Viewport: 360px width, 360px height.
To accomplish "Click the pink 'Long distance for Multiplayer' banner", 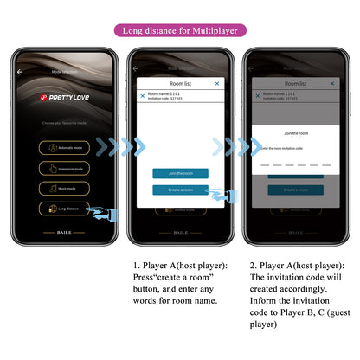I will click(x=180, y=30).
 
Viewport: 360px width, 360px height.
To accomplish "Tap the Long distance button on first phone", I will click(x=61, y=209).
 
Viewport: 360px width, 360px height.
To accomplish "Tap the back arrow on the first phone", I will click(x=21, y=72).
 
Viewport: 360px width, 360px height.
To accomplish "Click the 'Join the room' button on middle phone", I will click(x=180, y=173).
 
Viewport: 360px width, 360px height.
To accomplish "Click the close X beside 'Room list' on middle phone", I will click(x=216, y=84).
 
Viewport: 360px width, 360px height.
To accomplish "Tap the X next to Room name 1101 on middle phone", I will click(x=143, y=96).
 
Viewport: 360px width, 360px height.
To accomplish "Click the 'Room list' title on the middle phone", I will click(x=180, y=84).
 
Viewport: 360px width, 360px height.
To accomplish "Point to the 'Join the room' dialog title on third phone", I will click(x=296, y=133).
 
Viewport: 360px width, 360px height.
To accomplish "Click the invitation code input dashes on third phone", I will click(x=296, y=163).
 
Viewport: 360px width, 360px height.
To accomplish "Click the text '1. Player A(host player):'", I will click(x=181, y=265).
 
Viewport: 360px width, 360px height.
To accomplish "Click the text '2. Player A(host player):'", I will click(x=296, y=265).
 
